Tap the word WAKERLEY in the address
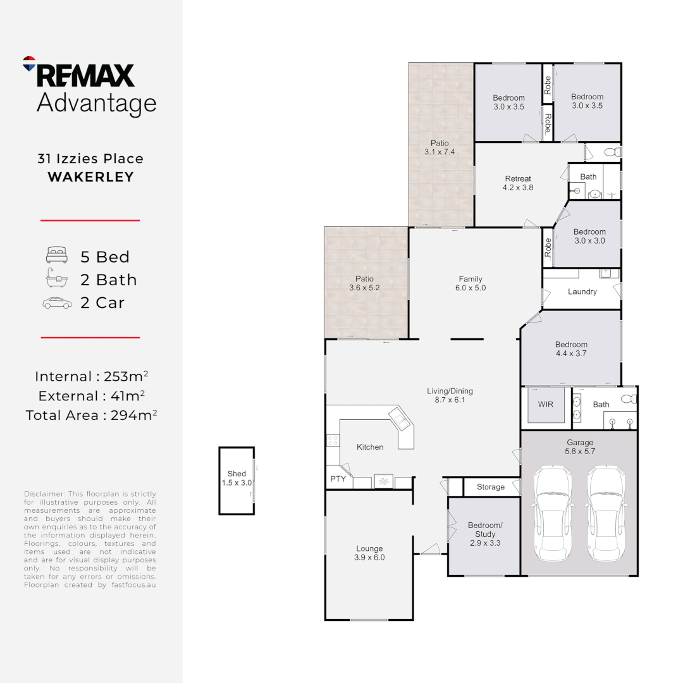point(91,177)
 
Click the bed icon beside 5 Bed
point(56,256)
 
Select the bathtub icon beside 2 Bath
point(56,279)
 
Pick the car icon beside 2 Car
point(56,303)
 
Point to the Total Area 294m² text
point(91,415)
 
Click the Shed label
point(237,474)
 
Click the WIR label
point(545,404)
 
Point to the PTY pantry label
point(338,479)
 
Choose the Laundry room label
point(582,292)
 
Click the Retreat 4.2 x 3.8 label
point(518,183)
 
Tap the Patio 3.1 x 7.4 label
point(440,147)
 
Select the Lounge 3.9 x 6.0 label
point(369,553)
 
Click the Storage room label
point(491,487)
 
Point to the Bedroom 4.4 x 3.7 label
point(571,349)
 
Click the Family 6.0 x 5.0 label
point(471,283)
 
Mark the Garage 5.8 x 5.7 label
point(579,447)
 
